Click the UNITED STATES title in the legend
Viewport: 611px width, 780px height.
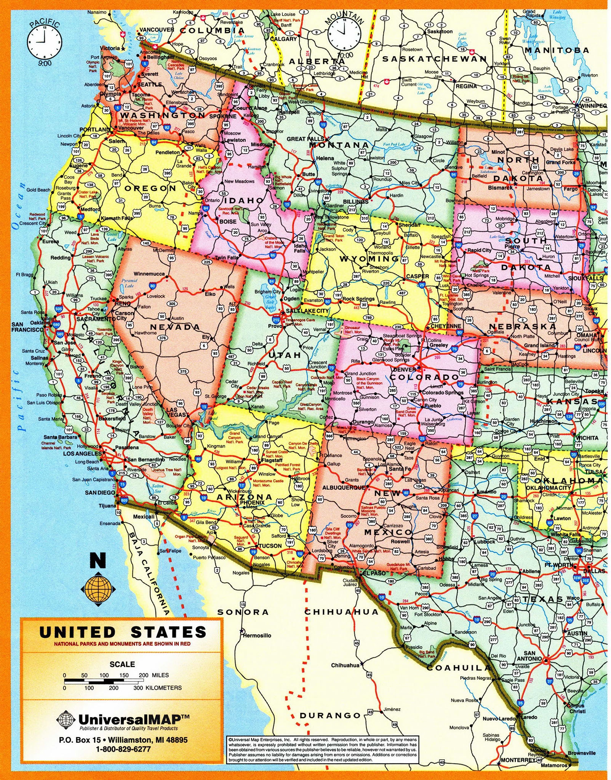pyautogui.click(x=122, y=632)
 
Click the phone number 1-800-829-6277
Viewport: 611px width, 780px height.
pyautogui.click(x=123, y=749)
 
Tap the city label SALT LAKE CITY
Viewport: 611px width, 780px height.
pyautogui.click(x=307, y=311)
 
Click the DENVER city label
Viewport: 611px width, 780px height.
pyautogui.click(x=404, y=369)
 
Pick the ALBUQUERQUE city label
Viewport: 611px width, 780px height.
pyautogui.click(x=344, y=487)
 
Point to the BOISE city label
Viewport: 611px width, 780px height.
pyautogui.click(x=228, y=221)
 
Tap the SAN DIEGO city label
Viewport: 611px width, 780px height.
pyautogui.click(x=100, y=493)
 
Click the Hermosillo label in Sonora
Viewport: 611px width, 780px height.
pyautogui.click(x=257, y=635)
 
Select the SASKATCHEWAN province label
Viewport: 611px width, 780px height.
pyautogui.click(x=434, y=59)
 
